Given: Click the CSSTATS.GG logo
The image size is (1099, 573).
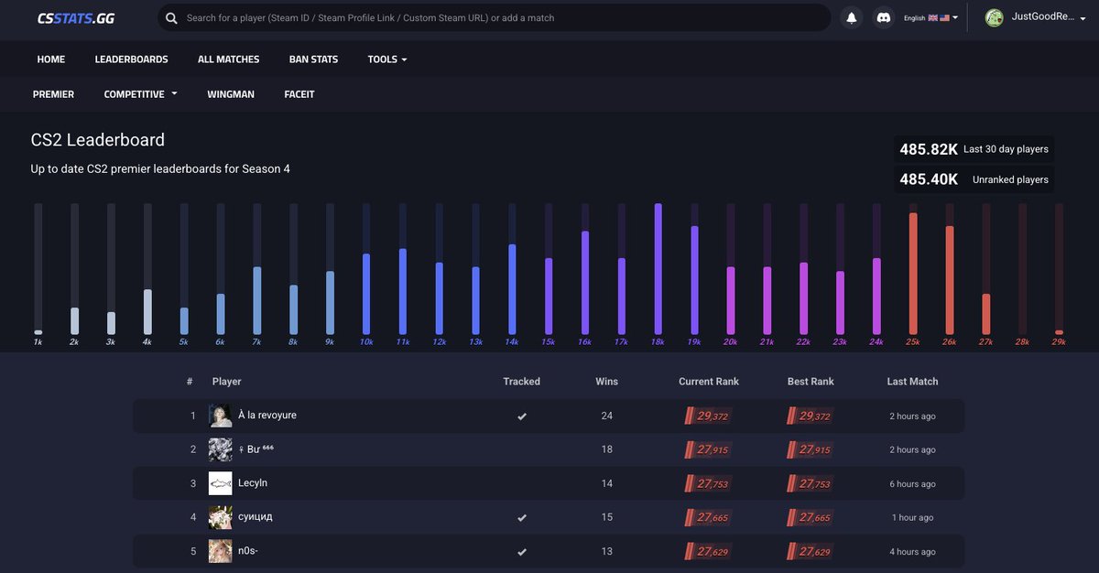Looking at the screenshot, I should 76,17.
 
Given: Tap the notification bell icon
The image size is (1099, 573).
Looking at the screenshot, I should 852,17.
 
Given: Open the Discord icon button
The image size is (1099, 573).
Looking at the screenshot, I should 883,17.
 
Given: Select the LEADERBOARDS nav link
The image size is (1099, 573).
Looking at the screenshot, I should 131,59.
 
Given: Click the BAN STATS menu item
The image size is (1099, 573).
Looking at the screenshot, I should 313,59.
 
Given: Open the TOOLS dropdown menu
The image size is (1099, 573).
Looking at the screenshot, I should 386,59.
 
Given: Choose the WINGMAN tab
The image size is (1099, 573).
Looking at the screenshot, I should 231,94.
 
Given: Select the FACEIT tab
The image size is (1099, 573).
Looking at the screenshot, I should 299,94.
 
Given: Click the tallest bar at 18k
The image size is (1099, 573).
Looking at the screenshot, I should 658,269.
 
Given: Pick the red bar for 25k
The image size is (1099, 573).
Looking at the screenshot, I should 913,274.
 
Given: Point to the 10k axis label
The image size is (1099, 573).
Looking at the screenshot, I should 366,341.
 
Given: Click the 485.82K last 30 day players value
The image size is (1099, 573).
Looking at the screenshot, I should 929,149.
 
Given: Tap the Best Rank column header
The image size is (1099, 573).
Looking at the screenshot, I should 811,382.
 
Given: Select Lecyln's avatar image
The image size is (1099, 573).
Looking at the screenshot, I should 220,483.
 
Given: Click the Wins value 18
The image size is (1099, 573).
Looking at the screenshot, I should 606,449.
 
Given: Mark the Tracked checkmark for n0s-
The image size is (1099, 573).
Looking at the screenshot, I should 522,552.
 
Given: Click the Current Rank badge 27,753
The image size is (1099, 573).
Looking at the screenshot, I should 708,484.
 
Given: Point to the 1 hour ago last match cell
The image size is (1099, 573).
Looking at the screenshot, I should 912,518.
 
